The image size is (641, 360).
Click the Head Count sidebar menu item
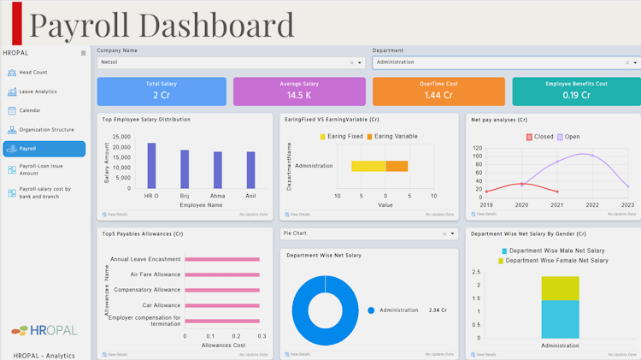(x=33, y=73)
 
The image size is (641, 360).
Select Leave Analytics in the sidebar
(x=38, y=91)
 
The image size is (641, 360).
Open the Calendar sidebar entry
(x=30, y=110)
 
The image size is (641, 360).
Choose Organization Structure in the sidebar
(x=46, y=130)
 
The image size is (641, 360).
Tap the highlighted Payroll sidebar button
(x=44, y=149)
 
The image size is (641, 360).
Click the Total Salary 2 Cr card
(x=162, y=91)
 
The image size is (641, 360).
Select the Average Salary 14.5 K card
(x=299, y=91)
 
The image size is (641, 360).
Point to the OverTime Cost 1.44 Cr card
(x=438, y=91)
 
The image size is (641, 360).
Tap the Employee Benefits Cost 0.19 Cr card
(x=576, y=91)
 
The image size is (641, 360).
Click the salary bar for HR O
(x=151, y=165)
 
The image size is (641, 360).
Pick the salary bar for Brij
(x=185, y=169)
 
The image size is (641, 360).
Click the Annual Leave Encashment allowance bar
(x=222, y=259)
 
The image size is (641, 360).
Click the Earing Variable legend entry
(x=392, y=137)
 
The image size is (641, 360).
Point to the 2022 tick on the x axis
(x=592, y=205)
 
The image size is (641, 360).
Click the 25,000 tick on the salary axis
(x=121, y=137)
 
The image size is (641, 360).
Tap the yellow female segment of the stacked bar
(x=560, y=288)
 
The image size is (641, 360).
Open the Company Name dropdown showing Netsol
(x=231, y=62)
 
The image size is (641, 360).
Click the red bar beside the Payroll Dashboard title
(x=17, y=24)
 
